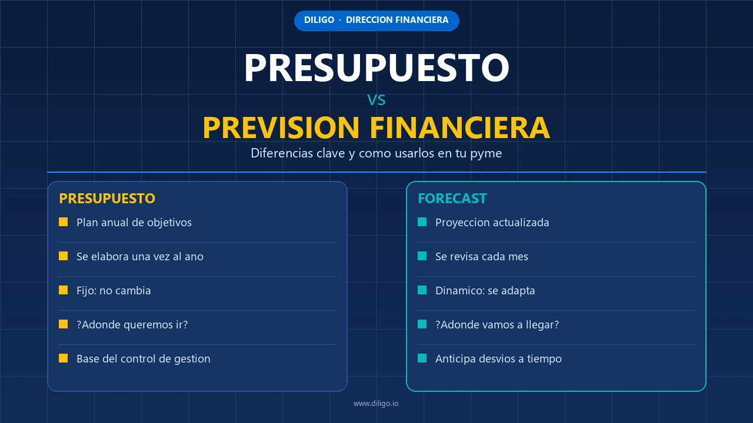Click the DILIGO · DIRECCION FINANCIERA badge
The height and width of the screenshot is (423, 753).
(x=376, y=21)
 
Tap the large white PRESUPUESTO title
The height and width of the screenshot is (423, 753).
(x=376, y=68)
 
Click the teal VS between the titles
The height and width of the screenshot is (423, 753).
(x=376, y=100)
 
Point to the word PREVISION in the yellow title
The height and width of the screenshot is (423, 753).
(x=281, y=127)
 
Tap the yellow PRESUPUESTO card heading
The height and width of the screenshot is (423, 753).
(x=107, y=199)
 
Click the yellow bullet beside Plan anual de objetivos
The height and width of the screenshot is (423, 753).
(x=63, y=222)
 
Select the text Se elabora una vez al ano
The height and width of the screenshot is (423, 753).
(x=140, y=257)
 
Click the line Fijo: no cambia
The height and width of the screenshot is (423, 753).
(x=114, y=291)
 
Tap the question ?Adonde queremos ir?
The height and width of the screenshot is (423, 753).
(x=132, y=325)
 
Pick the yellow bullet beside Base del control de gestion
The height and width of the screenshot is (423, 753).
(x=63, y=358)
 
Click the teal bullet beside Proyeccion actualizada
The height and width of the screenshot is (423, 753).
(x=422, y=222)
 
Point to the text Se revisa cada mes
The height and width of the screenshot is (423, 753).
(x=482, y=257)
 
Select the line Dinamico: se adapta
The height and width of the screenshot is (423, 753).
(x=485, y=291)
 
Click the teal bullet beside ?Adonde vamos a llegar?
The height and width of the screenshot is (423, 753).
(x=422, y=324)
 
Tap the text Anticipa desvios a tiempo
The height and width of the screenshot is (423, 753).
(x=498, y=359)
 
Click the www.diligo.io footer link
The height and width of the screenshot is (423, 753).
(x=376, y=404)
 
